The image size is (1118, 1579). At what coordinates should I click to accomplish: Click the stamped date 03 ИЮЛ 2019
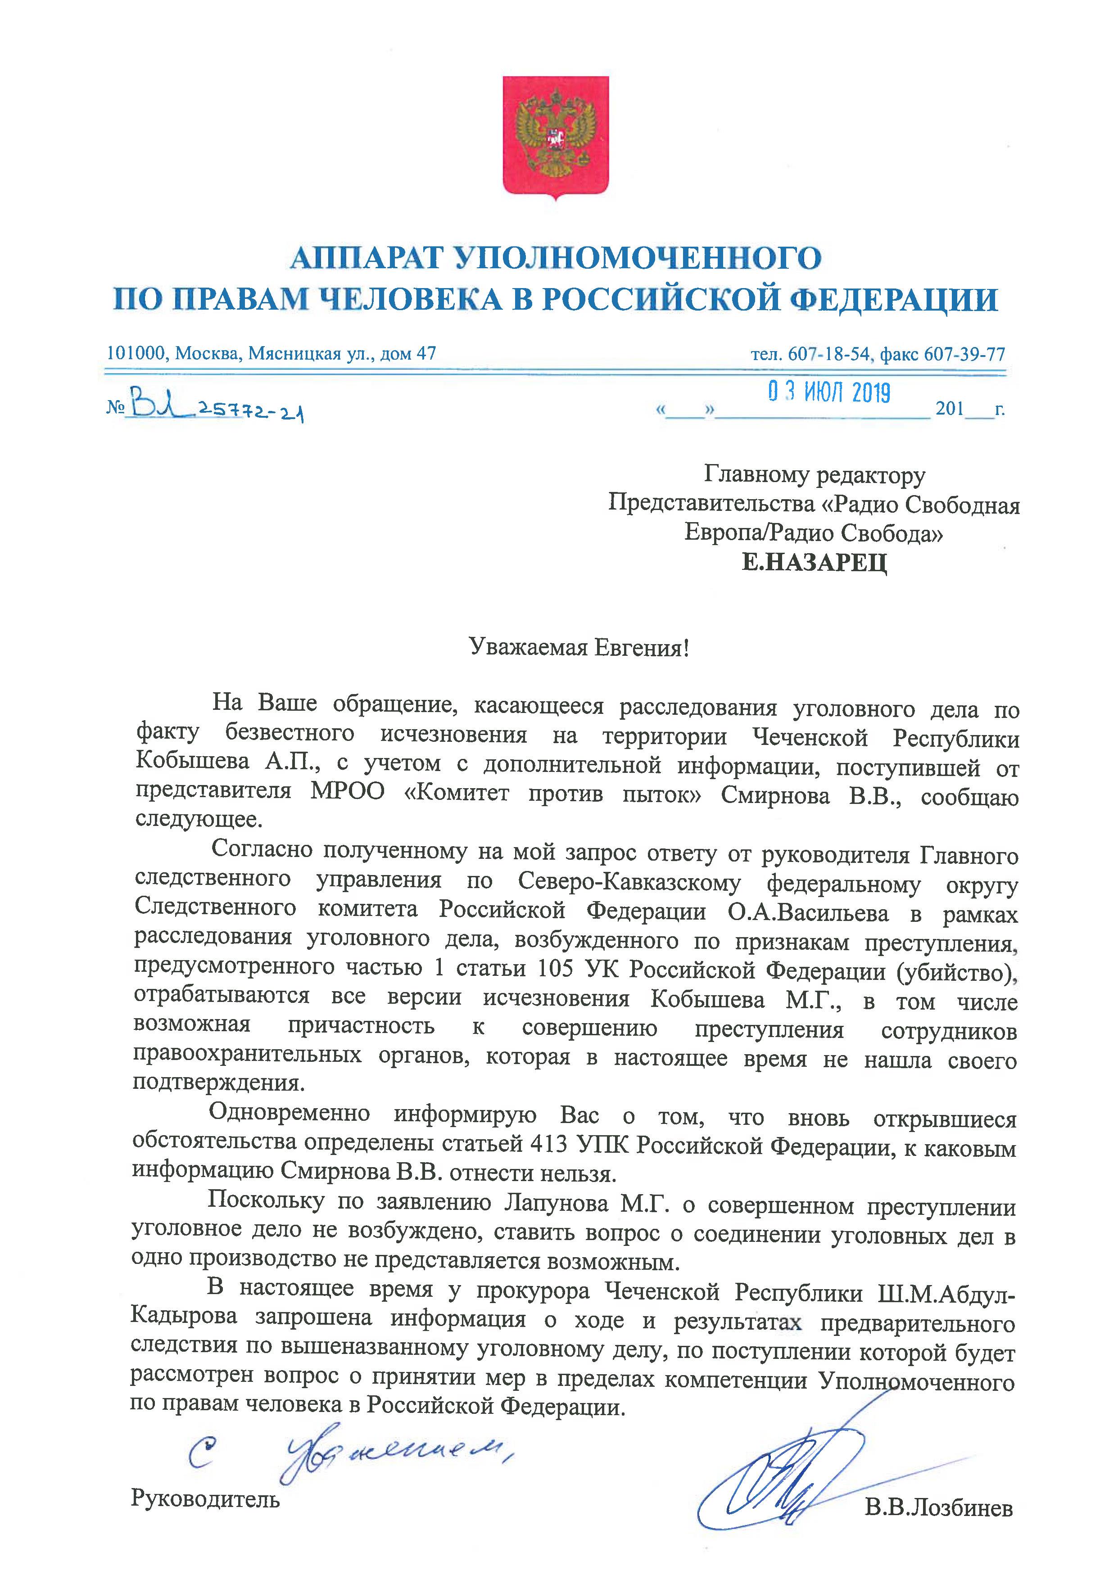tap(829, 393)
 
